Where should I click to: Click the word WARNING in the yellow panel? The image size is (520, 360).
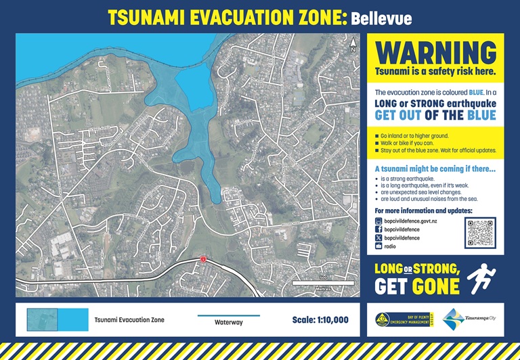click(x=435, y=52)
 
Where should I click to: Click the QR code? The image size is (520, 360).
click(x=480, y=233)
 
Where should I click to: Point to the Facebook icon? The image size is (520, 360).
click(x=378, y=229)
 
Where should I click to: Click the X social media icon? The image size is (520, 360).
click(x=378, y=238)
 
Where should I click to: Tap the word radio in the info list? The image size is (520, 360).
click(x=390, y=247)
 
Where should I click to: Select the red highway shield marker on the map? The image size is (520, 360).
click(x=202, y=260)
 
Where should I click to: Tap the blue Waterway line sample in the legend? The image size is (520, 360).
click(x=228, y=315)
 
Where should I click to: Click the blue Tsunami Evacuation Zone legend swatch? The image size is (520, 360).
click(x=58, y=319)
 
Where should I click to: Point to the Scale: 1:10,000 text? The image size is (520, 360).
click(x=320, y=319)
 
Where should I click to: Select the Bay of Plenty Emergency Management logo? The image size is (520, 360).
click(x=404, y=319)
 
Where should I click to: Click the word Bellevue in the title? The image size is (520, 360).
click(x=381, y=18)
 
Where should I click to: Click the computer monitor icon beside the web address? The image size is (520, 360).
click(x=378, y=221)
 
